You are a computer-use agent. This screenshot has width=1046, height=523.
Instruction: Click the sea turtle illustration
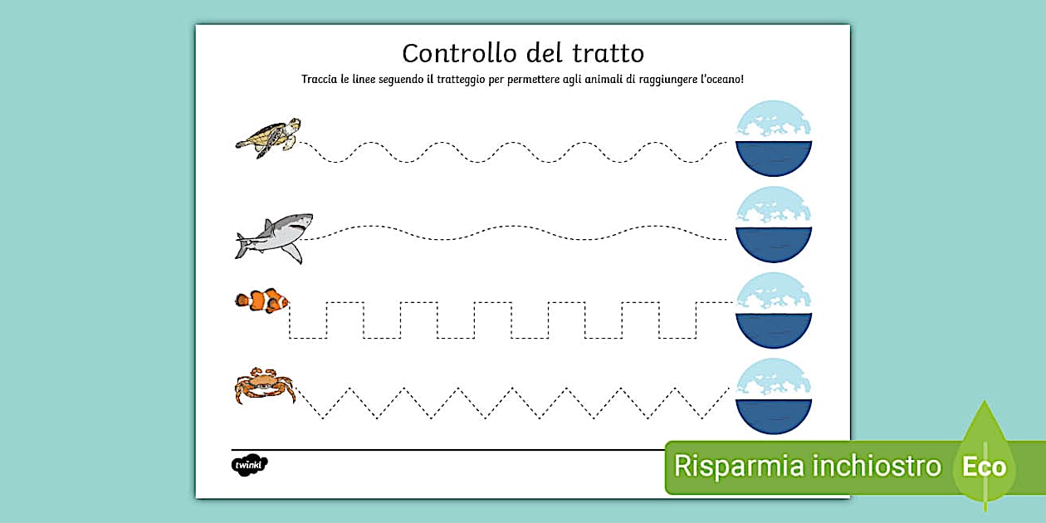(x=268, y=138)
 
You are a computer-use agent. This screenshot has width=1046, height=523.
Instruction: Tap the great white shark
(x=274, y=238)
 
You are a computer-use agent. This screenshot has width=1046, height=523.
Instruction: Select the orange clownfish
(x=261, y=301)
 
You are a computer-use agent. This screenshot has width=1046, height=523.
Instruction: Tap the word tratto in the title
(x=609, y=53)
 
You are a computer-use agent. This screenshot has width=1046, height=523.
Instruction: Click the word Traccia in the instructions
(x=319, y=80)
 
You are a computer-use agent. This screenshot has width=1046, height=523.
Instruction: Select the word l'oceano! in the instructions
(x=721, y=80)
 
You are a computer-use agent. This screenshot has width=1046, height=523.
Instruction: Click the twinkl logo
(x=249, y=465)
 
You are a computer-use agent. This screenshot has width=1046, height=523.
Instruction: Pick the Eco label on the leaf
(x=984, y=467)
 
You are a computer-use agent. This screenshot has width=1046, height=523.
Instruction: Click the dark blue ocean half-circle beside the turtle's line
(x=774, y=157)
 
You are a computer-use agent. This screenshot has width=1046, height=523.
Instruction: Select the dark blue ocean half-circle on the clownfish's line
(x=774, y=329)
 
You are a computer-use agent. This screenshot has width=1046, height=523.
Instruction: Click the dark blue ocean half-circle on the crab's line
(x=774, y=415)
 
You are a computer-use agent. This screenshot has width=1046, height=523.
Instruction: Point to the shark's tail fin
(x=242, y=245)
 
